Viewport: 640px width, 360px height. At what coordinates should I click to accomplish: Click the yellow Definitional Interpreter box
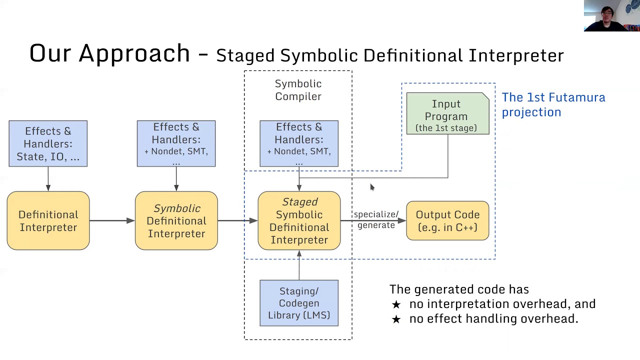coord(48,220)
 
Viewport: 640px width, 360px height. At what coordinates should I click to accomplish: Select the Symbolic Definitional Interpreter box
coord(176,220)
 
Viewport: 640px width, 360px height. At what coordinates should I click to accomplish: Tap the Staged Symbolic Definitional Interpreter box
coord(299,220)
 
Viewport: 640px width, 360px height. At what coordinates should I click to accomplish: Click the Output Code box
coord(447,220)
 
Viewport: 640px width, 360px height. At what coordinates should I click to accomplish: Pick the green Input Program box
coord(447,114)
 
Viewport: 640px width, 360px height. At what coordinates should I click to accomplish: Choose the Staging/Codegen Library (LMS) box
coord(299,303)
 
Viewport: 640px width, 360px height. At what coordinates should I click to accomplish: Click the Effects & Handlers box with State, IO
coord(48,143)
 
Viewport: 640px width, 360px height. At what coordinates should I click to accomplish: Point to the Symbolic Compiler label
coord(298,90)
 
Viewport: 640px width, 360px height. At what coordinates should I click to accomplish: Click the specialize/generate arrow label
coord(376,219)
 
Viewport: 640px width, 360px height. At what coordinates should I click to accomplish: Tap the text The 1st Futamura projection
coord(553,104)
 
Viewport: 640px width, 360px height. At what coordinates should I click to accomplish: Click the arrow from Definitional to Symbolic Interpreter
coord(112,220)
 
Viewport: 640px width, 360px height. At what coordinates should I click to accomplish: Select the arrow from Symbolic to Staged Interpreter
coord(237,220)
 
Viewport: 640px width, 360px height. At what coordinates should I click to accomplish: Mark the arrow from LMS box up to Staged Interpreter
coord(299,265)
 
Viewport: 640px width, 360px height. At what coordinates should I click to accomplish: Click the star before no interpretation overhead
coord(396,304)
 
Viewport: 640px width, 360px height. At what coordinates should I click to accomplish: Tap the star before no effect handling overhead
coord(396,319)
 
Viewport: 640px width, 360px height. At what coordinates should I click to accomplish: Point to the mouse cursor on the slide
coord(371,187)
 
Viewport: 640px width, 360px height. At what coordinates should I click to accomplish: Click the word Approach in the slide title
coord(134,53)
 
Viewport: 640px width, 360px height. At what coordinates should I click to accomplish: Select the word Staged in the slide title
coord(245,55)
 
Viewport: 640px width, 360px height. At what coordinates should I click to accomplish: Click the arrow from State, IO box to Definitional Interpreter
coord(48,178)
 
